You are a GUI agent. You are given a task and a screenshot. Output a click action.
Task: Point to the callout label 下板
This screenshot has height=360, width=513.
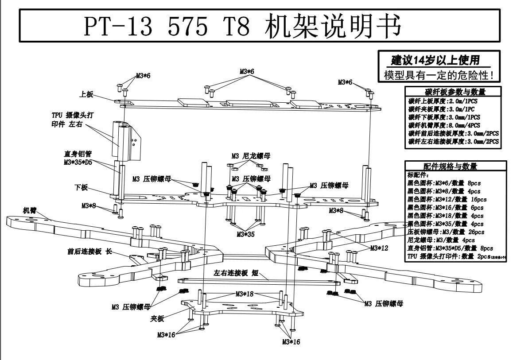(x=82, y=188)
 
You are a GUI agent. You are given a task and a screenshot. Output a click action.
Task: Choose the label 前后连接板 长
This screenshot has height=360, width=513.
(x=87, y=251)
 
